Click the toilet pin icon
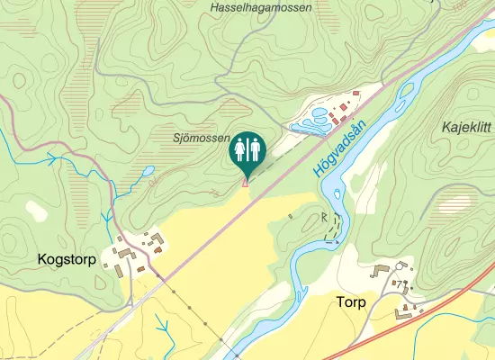click(246, 149)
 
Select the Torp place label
click(351, 301)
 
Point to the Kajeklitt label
click(465, 128)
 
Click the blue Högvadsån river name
click(337, 149)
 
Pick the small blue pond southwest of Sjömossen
click(147, 169)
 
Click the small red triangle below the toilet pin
click(246, 184)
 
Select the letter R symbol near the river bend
click(325, 217)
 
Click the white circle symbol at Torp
click(400, 265)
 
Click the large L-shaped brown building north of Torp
click(380, 269)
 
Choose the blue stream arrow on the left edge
click(52, 159)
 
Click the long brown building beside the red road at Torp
click(409, 311)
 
